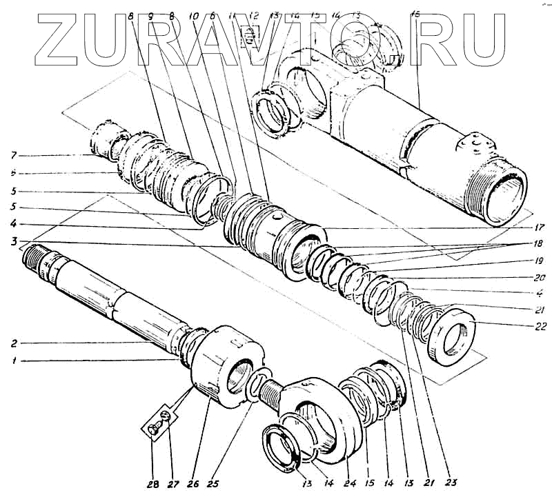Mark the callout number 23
pos(453,482)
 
